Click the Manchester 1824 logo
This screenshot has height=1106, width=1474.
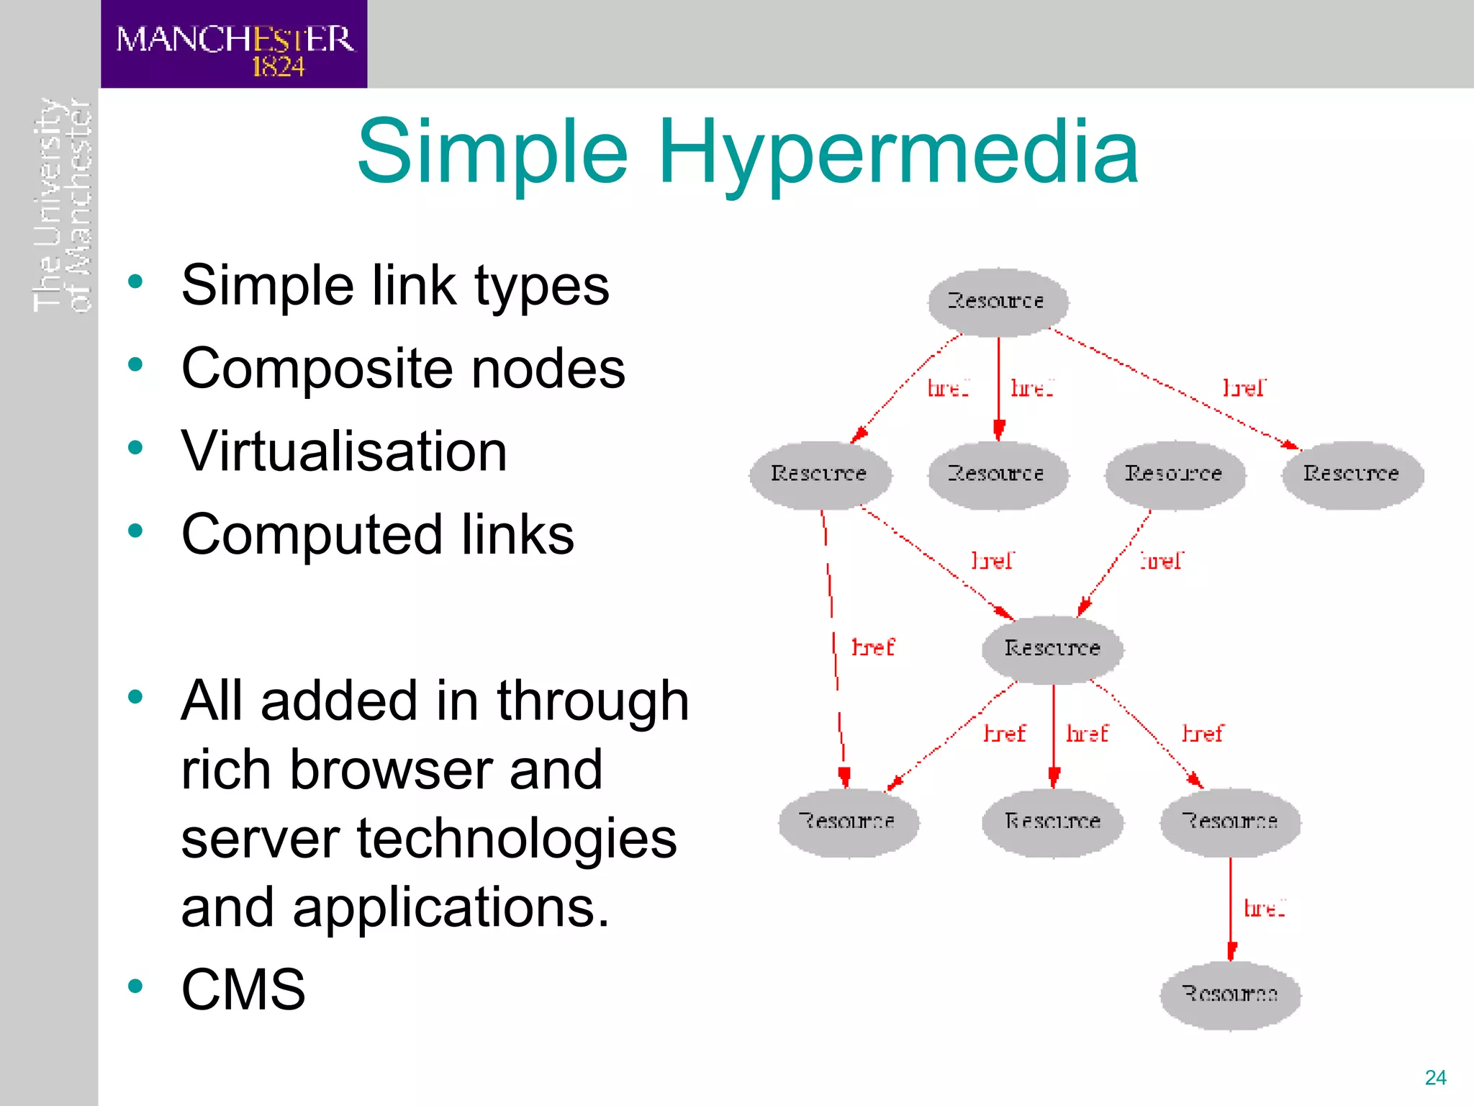234,45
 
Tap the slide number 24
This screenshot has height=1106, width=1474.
1435,1077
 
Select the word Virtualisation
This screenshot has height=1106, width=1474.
344,451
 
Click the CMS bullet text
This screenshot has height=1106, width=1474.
243,989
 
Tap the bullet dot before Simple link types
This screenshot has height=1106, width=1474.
135,282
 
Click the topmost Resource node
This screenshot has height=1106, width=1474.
997,301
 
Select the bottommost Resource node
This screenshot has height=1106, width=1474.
1230,994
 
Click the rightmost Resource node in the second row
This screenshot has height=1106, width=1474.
1352,474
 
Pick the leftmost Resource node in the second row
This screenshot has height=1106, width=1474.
819,474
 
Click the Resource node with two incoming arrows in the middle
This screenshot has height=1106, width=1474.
1052,648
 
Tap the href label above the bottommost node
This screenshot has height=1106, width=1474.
1265,909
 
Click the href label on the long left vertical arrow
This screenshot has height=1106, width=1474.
872,647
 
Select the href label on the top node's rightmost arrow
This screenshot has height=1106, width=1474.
1244,388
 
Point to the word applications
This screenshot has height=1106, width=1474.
451,907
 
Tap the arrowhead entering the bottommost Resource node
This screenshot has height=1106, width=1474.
1231,951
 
